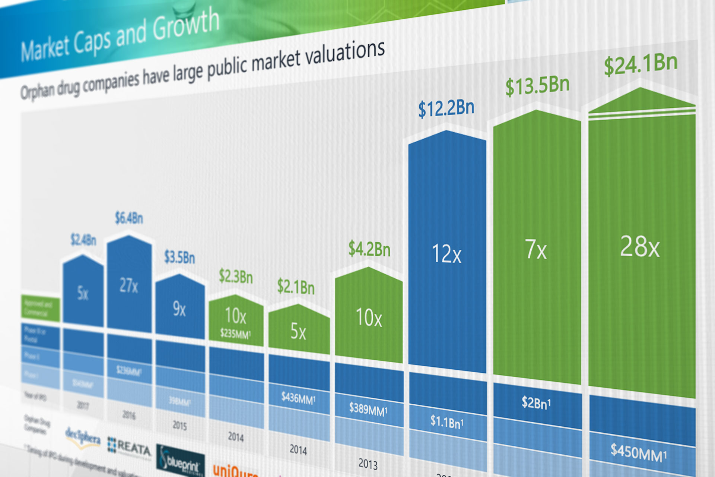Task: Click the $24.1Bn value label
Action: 641,65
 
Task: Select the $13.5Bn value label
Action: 537,86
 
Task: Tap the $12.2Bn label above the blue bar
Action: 446,109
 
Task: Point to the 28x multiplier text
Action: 640,247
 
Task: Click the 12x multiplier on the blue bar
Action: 447,254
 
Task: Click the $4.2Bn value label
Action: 369,249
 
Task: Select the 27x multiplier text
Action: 129,285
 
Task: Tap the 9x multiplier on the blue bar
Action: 179,309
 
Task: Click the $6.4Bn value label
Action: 129,218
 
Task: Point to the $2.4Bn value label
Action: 83,240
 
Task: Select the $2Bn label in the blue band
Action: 536,403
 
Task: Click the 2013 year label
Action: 368,464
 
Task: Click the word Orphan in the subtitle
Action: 38,91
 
